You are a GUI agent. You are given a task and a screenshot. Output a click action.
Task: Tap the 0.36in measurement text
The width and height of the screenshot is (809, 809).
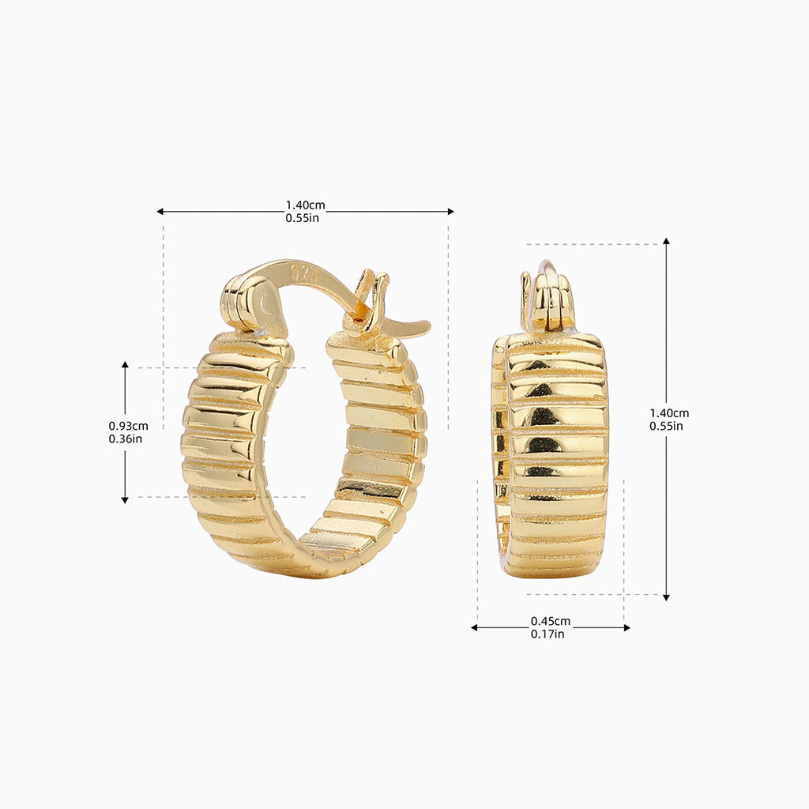[x=126, y=438]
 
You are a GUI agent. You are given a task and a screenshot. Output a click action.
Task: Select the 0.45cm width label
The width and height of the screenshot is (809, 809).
[x=550, y=621]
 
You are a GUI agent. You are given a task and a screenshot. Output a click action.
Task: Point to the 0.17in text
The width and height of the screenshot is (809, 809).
[x=547, y=634]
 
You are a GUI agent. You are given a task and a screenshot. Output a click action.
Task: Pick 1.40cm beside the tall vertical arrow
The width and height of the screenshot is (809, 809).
[x=669, y=413]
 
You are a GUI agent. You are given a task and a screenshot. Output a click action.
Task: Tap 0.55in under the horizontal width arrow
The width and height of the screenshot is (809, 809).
[x=303, y=218]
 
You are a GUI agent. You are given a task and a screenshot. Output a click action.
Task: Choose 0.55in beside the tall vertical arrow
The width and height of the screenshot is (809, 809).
[x=667, y=426]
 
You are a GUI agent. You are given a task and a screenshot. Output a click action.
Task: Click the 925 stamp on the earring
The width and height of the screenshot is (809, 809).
[x=303, y=273]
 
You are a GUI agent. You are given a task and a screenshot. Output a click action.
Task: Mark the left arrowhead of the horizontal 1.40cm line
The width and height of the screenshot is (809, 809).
[x=160, y=212]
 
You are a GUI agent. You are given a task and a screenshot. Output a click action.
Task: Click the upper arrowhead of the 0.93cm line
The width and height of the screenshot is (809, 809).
[x=125, y=366]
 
